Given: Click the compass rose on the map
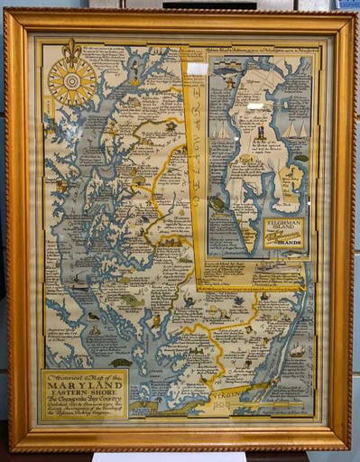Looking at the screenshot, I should [72, 81].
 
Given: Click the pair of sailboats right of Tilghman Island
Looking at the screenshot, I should [291, 131].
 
